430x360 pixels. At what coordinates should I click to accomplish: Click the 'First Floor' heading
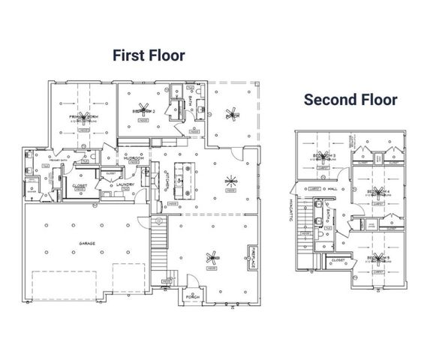(149, 55)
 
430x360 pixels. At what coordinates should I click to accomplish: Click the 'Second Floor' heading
(350, 99)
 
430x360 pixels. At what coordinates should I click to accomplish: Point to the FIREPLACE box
(255, 259)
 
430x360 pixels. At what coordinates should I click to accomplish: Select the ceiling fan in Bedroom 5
(377, 259)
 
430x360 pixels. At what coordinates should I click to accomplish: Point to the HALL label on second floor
(332, 190)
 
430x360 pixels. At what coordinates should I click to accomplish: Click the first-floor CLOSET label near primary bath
(79, 185)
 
